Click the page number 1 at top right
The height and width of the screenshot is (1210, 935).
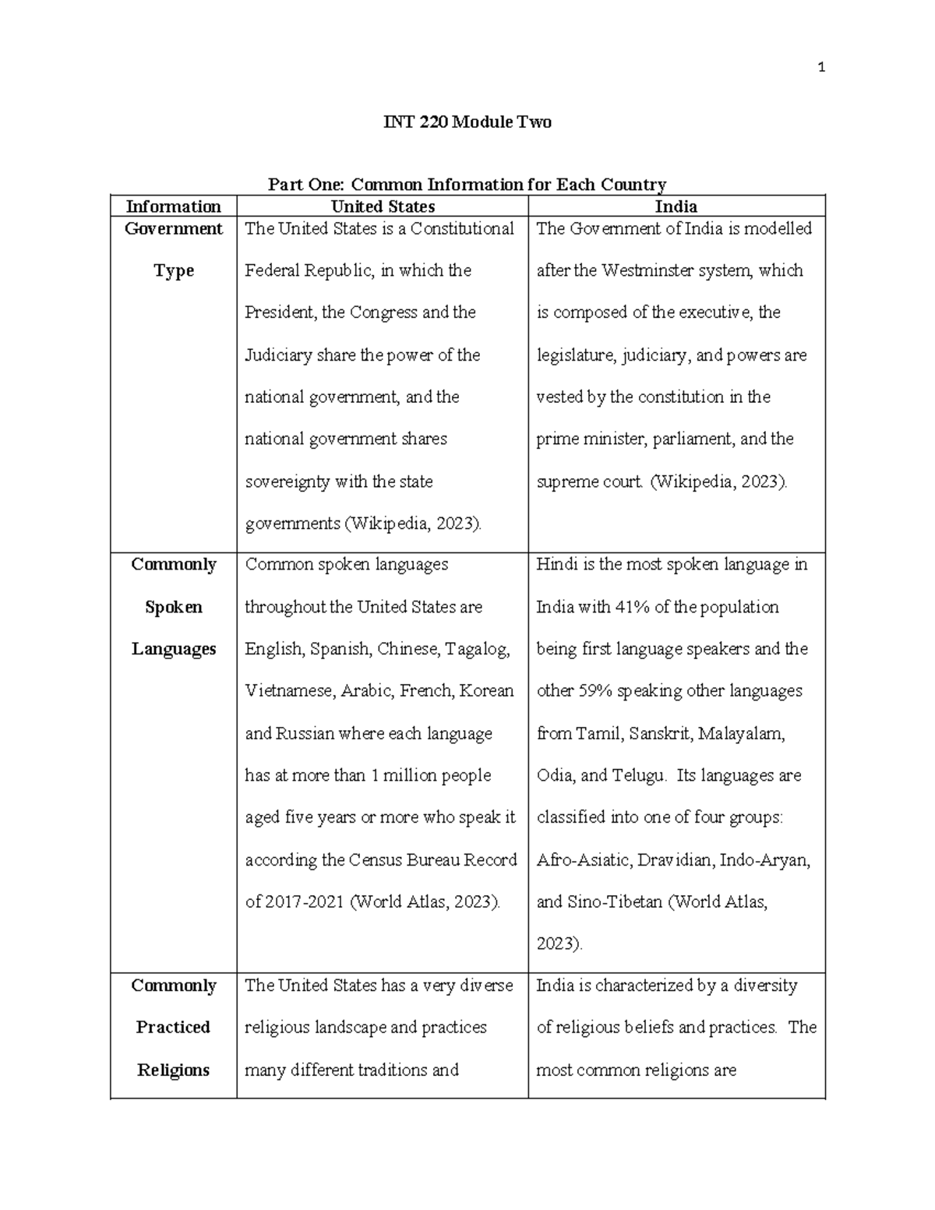point(820,68)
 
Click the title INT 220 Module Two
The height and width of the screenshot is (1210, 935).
point(467,122)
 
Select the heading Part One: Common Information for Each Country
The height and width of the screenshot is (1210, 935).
point(467,185)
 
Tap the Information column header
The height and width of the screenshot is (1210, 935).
point(174,206)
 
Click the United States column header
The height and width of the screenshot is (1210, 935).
point(383,206)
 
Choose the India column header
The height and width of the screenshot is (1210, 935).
point(676,206)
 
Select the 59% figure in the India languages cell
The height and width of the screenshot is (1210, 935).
point(595,691)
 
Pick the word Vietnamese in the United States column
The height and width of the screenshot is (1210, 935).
point(290,691)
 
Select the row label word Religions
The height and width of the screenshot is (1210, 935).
point(174,1070)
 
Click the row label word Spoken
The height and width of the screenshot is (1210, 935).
point(174,607)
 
